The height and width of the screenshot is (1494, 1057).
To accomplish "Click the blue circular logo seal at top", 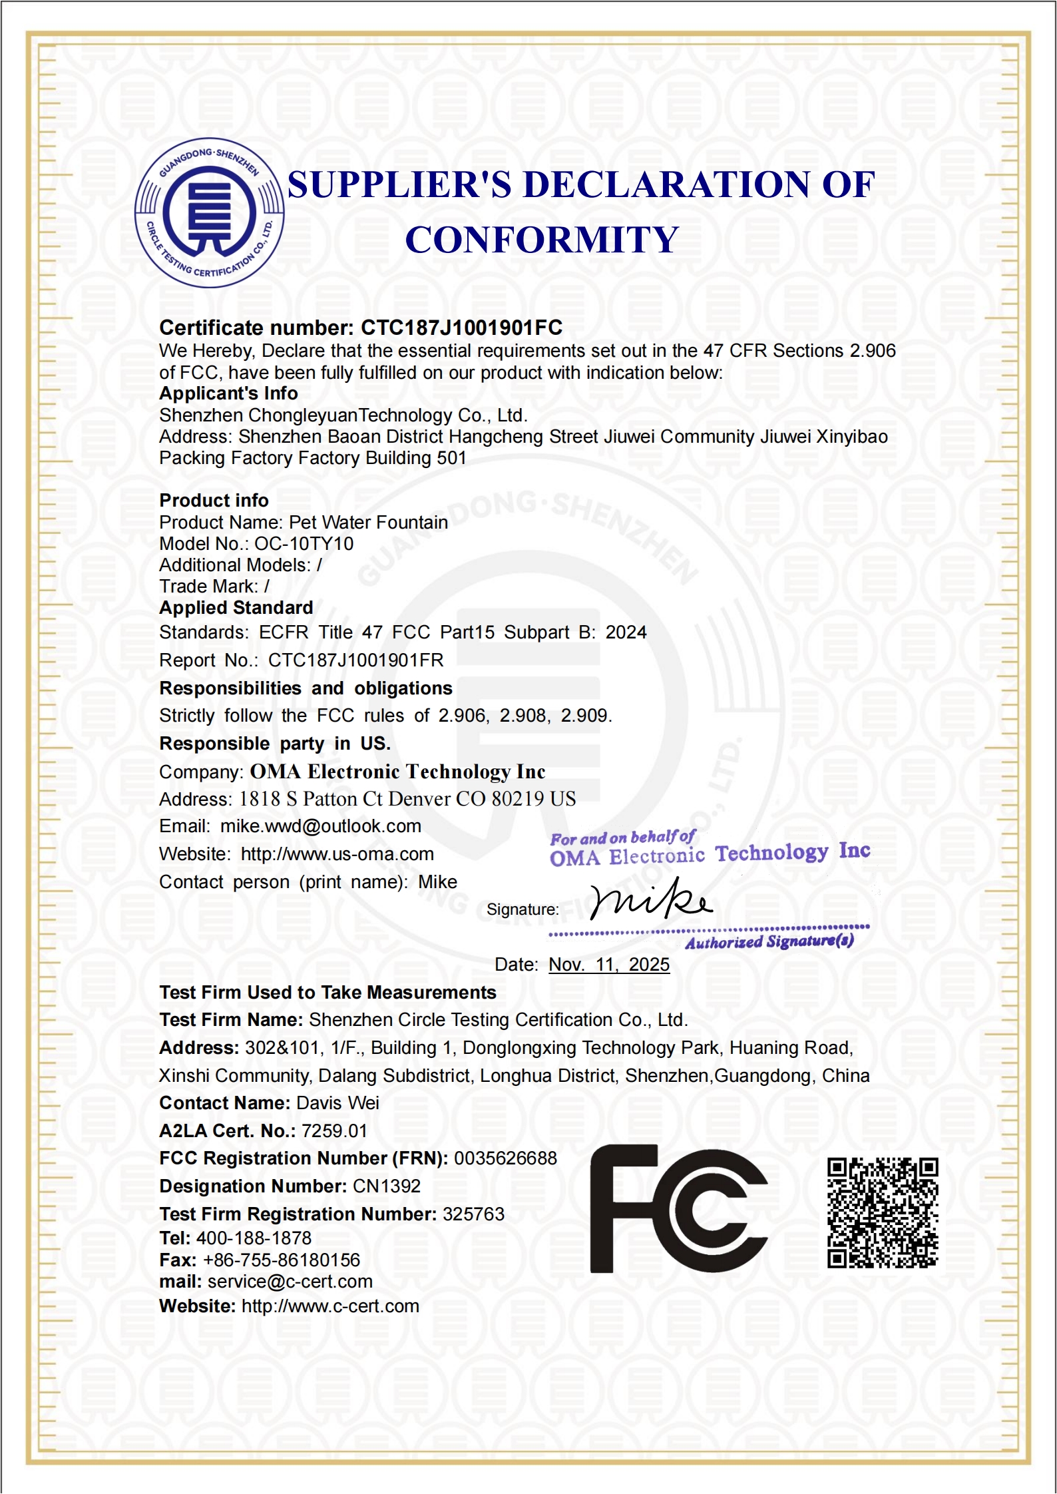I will (x=210, y=213).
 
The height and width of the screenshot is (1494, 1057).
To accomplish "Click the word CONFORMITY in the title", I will (x=542, y=240).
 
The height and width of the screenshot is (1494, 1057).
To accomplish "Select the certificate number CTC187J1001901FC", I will (x=461, y=328).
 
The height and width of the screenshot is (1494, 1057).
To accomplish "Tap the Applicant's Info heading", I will (x=228, y=393).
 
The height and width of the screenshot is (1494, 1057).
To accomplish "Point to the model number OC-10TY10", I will (x=304, y=544).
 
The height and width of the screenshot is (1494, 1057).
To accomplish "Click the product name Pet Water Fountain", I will (x=368, y=523).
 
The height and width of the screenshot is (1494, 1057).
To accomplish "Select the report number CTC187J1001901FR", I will (x=355, y=660).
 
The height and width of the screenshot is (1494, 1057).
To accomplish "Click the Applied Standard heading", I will (x=236, y=608).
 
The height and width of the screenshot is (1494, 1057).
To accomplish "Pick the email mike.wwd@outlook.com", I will (x=321, y=826).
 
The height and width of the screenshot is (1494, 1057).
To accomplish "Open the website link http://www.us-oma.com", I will (x=337, y=854).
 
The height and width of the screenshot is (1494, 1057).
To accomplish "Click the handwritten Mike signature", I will (x=651, y=901).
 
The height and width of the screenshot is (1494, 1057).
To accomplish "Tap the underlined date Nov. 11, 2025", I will (x=609, y=965).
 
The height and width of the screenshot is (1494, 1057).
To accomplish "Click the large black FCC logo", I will (x=678, y=1208).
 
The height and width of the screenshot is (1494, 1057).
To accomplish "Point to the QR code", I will (x=883, y=1212).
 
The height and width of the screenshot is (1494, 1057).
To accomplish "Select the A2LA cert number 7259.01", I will (x=334, y=1131).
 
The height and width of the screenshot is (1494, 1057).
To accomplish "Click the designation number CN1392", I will (x=387, y=1186).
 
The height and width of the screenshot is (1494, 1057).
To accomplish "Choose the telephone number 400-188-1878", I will (x=254, y=1238).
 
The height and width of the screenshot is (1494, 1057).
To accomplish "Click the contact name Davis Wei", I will (x=337, y=1103).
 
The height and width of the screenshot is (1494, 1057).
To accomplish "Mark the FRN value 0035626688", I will (x=505, y=1158).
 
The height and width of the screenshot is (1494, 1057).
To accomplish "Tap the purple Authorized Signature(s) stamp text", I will (x=769, y=941).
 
